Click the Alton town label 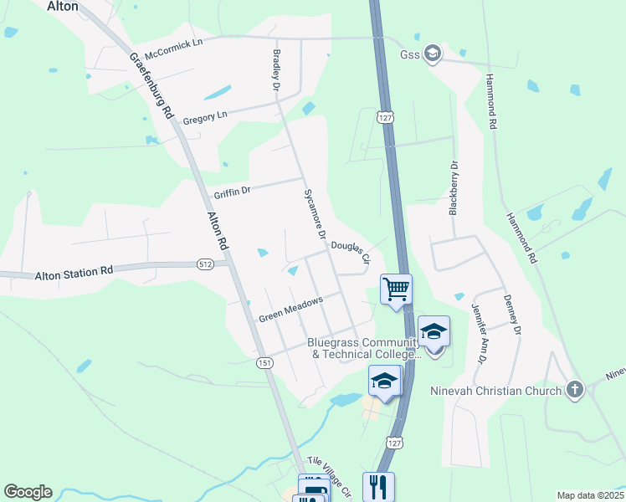coord(63,6)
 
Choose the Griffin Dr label coord(232,192)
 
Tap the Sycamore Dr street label coord(314,211)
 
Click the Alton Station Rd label coord(74,274)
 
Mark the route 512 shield coord(206,264)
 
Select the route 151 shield coord(264,362)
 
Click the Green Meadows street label coord(290,312)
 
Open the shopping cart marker coord(396,289)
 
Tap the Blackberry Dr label coord(454,187)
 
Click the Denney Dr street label coord(512,315)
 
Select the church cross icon coord(574,390)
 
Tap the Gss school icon coord(432,54)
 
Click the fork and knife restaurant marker coord(378,486)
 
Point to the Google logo coord(28,492)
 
